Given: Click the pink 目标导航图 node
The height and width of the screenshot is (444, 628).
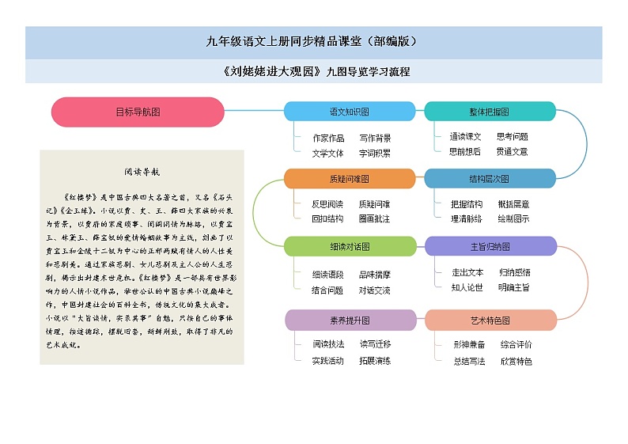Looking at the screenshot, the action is point(138,112).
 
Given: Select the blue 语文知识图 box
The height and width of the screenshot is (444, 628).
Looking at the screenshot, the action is point(349,112).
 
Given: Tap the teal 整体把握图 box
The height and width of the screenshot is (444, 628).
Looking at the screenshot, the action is point(490,112).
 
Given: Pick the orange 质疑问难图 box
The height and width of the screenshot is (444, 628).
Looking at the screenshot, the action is point(349,179).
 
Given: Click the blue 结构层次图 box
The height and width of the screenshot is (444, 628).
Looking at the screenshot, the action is point(490,179).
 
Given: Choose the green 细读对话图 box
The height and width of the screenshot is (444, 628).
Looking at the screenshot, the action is point(349,246).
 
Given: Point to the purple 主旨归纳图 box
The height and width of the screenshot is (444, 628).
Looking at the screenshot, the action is point(490,246).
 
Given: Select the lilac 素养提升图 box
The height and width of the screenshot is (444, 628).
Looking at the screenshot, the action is point(349,320).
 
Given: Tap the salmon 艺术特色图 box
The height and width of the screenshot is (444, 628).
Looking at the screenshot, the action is point(490,320).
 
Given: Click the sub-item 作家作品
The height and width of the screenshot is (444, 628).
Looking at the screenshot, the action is point(328,138).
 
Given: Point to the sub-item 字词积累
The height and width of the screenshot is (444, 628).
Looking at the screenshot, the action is point(375,153).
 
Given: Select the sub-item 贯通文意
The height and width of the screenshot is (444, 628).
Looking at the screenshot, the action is point(513,151).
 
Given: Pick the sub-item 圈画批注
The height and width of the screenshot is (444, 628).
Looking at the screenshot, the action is point(375,218).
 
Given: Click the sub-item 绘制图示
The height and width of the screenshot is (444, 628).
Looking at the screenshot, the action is point(514,218).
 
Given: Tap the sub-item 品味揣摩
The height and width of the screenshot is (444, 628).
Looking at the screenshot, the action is point(375,275).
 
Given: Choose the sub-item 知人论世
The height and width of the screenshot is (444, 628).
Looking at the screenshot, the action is point(467,287).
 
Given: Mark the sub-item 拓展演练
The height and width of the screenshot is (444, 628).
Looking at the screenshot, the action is point(375,360).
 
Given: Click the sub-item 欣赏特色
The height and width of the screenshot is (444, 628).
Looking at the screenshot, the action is point(516,361).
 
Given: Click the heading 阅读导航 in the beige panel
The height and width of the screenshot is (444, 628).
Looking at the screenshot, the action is point(142,171).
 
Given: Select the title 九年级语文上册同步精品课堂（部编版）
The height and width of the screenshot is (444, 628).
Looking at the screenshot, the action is point(313,42).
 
